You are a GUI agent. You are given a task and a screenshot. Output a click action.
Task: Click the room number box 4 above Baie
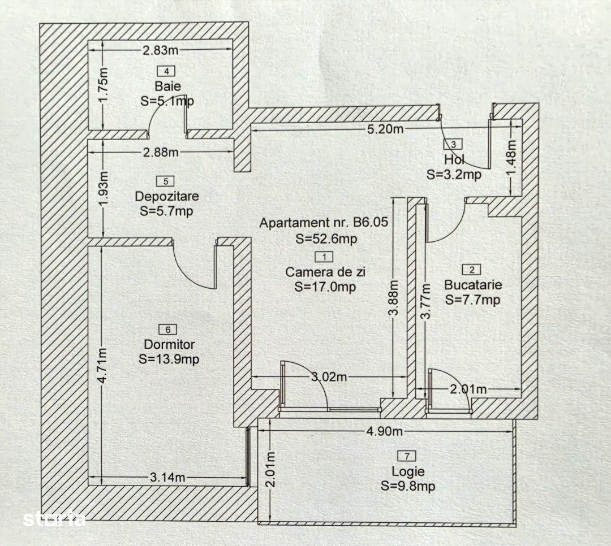[x=166, y=71]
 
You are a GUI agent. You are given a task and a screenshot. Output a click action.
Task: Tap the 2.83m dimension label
[x=160, y=50]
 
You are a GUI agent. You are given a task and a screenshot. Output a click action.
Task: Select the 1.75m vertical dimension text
[x=102, y=90]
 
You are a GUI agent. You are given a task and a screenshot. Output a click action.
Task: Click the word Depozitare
[x=167, y=196]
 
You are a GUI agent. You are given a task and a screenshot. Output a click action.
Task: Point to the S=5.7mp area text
[x=166, y=211]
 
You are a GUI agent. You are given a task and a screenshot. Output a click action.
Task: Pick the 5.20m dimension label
[x=385, y=129]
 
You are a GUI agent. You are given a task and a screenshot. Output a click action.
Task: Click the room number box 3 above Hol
[x=453, y=145]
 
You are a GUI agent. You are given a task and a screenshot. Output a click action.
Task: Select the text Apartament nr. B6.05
[x=324, y=223]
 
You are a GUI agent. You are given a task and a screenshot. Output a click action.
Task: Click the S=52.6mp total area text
[x=326, y=239]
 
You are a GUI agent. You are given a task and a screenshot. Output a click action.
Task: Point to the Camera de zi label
[x=325, y=272]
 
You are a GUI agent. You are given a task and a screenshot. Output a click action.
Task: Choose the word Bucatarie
[x=473, y=285]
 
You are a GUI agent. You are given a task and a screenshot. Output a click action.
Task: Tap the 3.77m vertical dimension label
[x=426, y=302]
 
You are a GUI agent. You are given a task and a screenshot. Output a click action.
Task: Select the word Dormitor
[x=169, y=344]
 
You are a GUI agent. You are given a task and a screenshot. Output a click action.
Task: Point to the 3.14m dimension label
[x=167, y=477]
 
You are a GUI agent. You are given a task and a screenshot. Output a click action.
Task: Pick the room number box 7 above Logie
[x=407, y=456]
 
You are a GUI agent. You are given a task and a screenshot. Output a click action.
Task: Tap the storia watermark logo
[x=54, y=518]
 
